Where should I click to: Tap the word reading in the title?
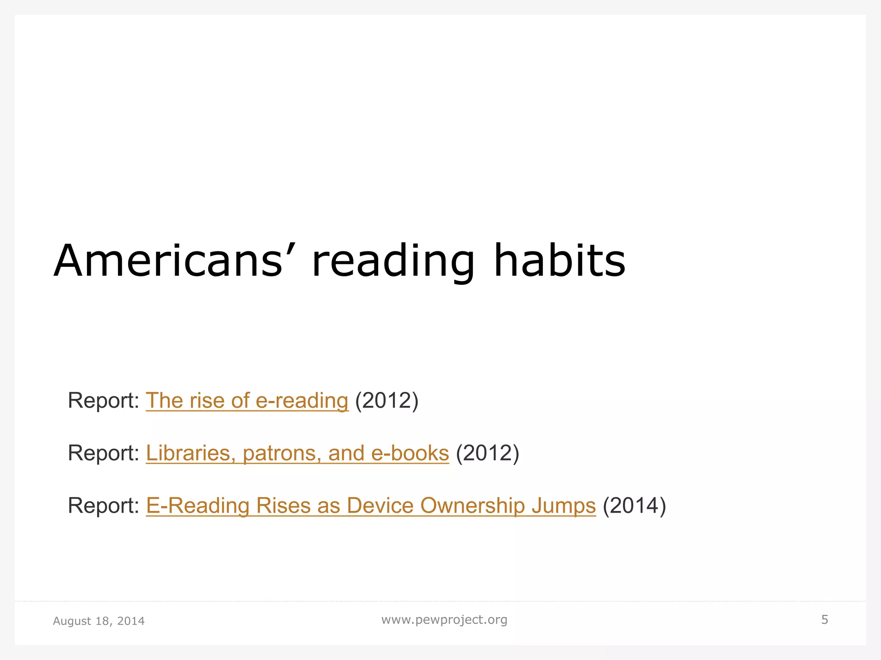393,261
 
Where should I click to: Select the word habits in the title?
559,261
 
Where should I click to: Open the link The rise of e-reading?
247,400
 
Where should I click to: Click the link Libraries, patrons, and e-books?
297,453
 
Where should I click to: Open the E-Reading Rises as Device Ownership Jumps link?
371,505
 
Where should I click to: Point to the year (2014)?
635,505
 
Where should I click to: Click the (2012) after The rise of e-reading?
387,400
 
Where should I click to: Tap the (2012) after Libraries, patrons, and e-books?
487,453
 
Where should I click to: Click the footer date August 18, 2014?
99,621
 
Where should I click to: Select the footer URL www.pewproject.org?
444,620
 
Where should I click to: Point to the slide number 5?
825,620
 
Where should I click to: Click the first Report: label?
103,400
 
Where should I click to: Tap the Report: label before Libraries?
103,453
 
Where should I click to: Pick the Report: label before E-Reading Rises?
103,505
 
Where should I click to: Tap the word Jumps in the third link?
564,505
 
